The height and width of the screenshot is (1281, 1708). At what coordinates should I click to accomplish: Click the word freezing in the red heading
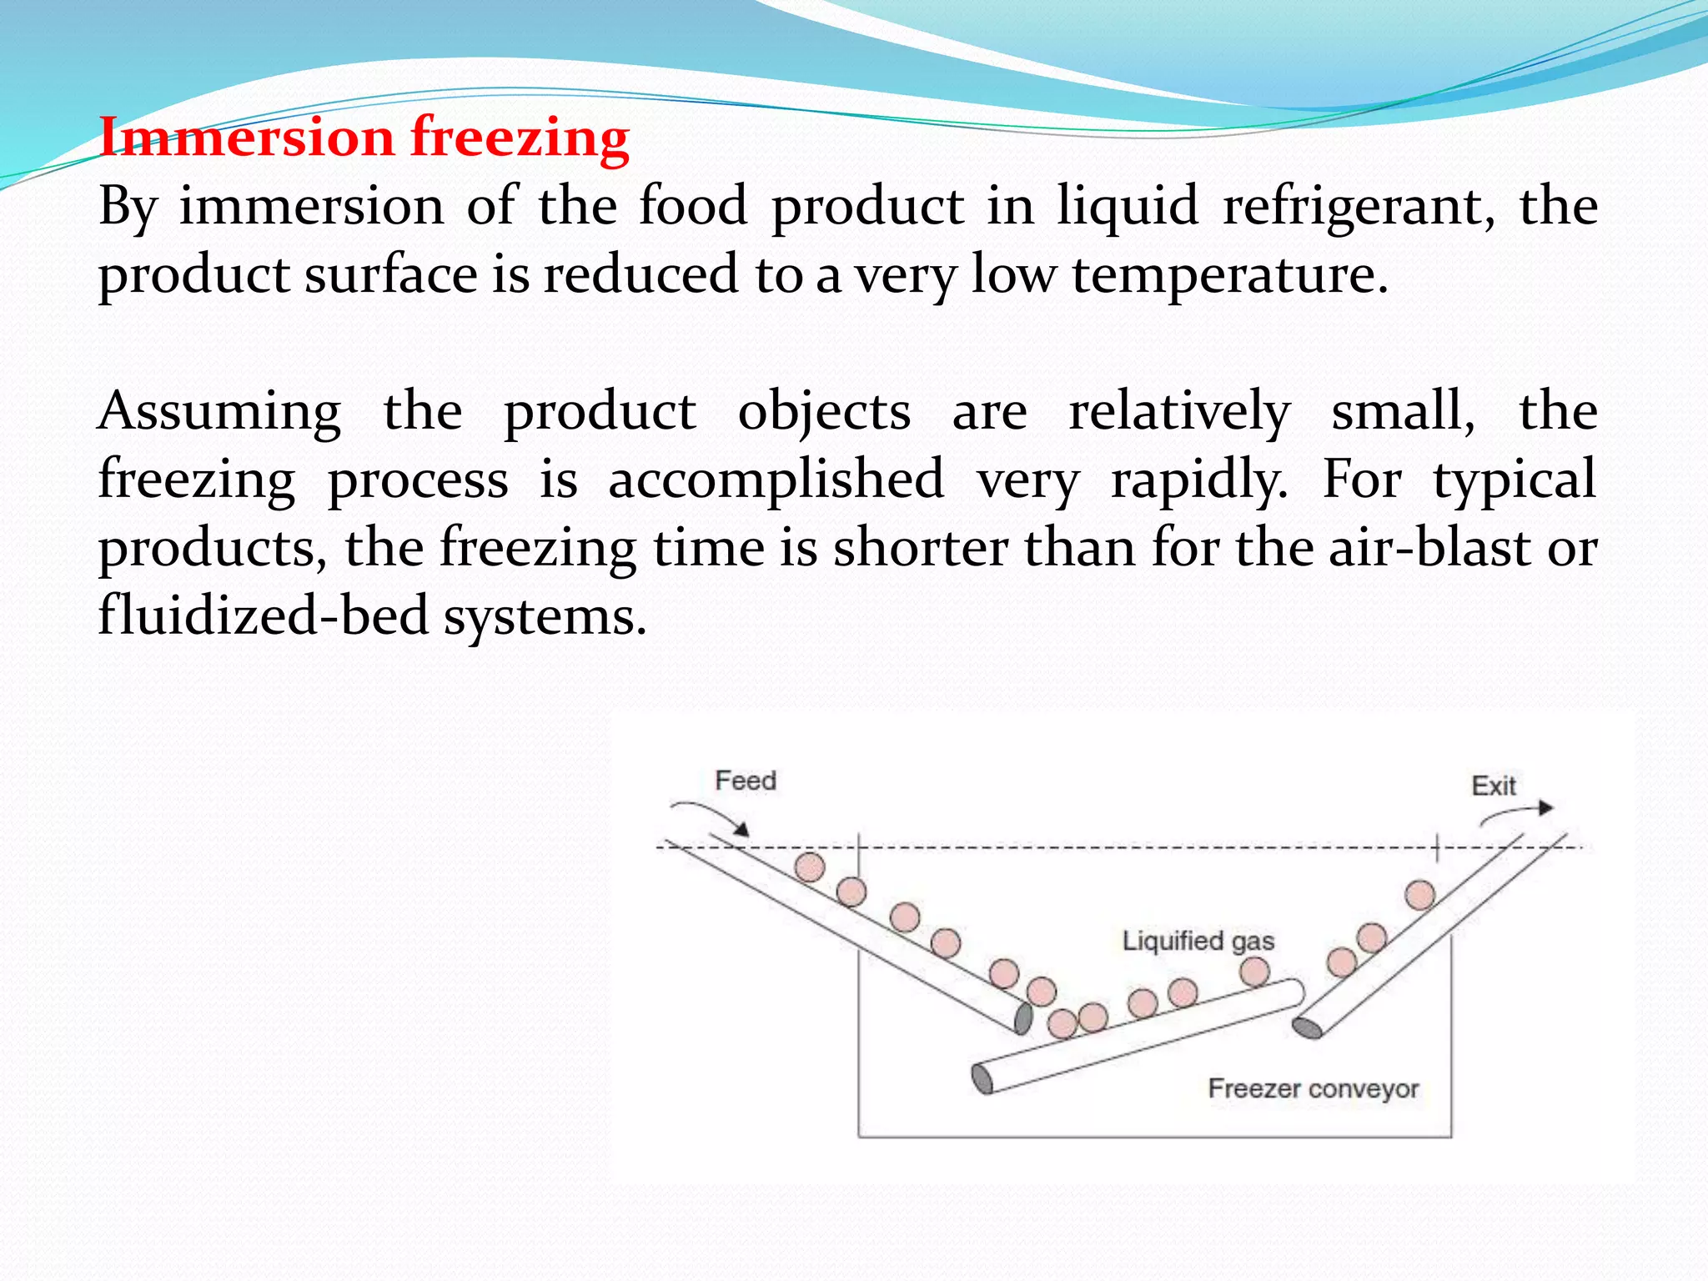point(520,138)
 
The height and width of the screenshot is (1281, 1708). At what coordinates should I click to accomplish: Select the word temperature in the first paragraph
point(1230,275)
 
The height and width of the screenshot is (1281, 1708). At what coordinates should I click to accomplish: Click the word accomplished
point(776,480)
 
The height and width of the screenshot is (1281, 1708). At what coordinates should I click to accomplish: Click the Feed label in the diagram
point(746,781)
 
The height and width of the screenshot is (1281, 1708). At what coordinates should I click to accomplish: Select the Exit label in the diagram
point(1493,786)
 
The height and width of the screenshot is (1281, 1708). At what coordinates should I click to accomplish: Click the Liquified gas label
point(1198,941)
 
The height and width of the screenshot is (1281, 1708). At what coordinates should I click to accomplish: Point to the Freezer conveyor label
point(1313,1088)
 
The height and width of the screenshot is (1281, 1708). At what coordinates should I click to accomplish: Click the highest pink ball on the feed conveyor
point(809,867)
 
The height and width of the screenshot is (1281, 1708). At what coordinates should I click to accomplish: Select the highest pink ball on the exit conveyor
point(1419,895)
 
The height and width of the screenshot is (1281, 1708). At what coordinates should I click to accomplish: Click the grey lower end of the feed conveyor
point(1022,1018)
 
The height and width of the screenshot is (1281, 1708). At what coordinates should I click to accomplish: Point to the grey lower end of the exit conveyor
point(1307,1028)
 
